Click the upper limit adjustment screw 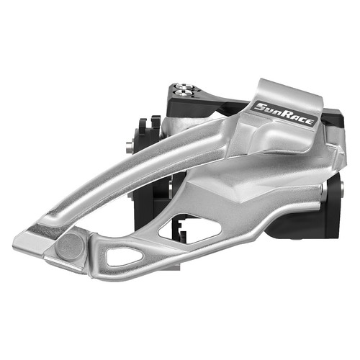pos(181,86)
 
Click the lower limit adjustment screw pos(184,93)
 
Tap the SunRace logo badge pos(284,114)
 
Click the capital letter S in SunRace pos(260,107)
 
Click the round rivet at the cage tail pos(70,247)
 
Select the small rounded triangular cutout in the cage pos(125,257)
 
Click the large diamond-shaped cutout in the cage pos(189,228)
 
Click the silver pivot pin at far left pos(130,147)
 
